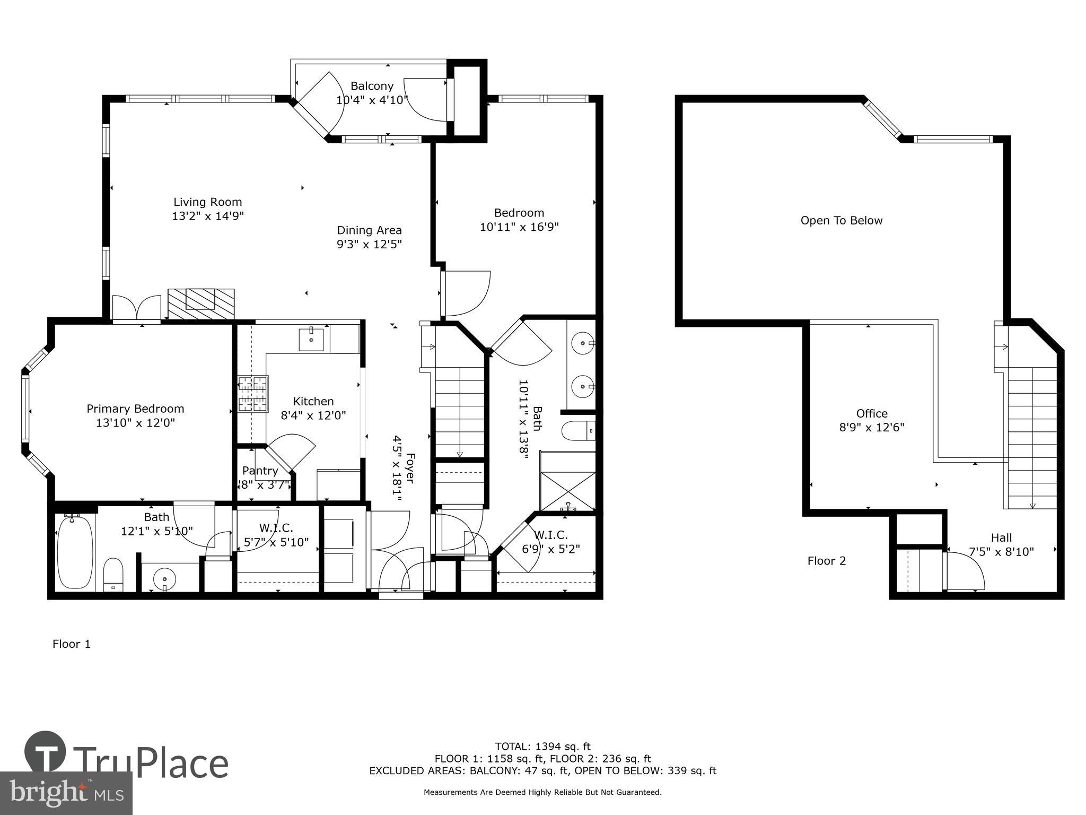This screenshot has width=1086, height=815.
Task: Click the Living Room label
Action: (207, 202)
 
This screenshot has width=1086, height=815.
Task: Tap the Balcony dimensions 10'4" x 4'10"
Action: (372, 100)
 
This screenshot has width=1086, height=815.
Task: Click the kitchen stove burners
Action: (253, 394)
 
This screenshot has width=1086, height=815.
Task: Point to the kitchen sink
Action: (311, 339)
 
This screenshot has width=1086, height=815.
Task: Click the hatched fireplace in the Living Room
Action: (200, 304)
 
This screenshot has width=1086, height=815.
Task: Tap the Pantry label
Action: (260, 471)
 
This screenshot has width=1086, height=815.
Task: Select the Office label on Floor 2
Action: (872, 413)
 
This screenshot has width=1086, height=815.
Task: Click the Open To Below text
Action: (842, 220)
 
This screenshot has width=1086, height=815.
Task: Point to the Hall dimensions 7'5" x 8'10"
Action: (1001, 552)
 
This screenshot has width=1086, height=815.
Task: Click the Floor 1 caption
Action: (72, 644)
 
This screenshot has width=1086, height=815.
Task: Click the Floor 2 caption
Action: (826, 561)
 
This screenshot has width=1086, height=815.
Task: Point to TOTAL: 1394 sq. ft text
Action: (542, 747)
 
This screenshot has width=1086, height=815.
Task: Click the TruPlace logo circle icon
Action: (45, 751)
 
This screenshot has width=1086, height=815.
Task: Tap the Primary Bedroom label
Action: (135, 409)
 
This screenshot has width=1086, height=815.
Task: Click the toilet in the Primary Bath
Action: (113, 574)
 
